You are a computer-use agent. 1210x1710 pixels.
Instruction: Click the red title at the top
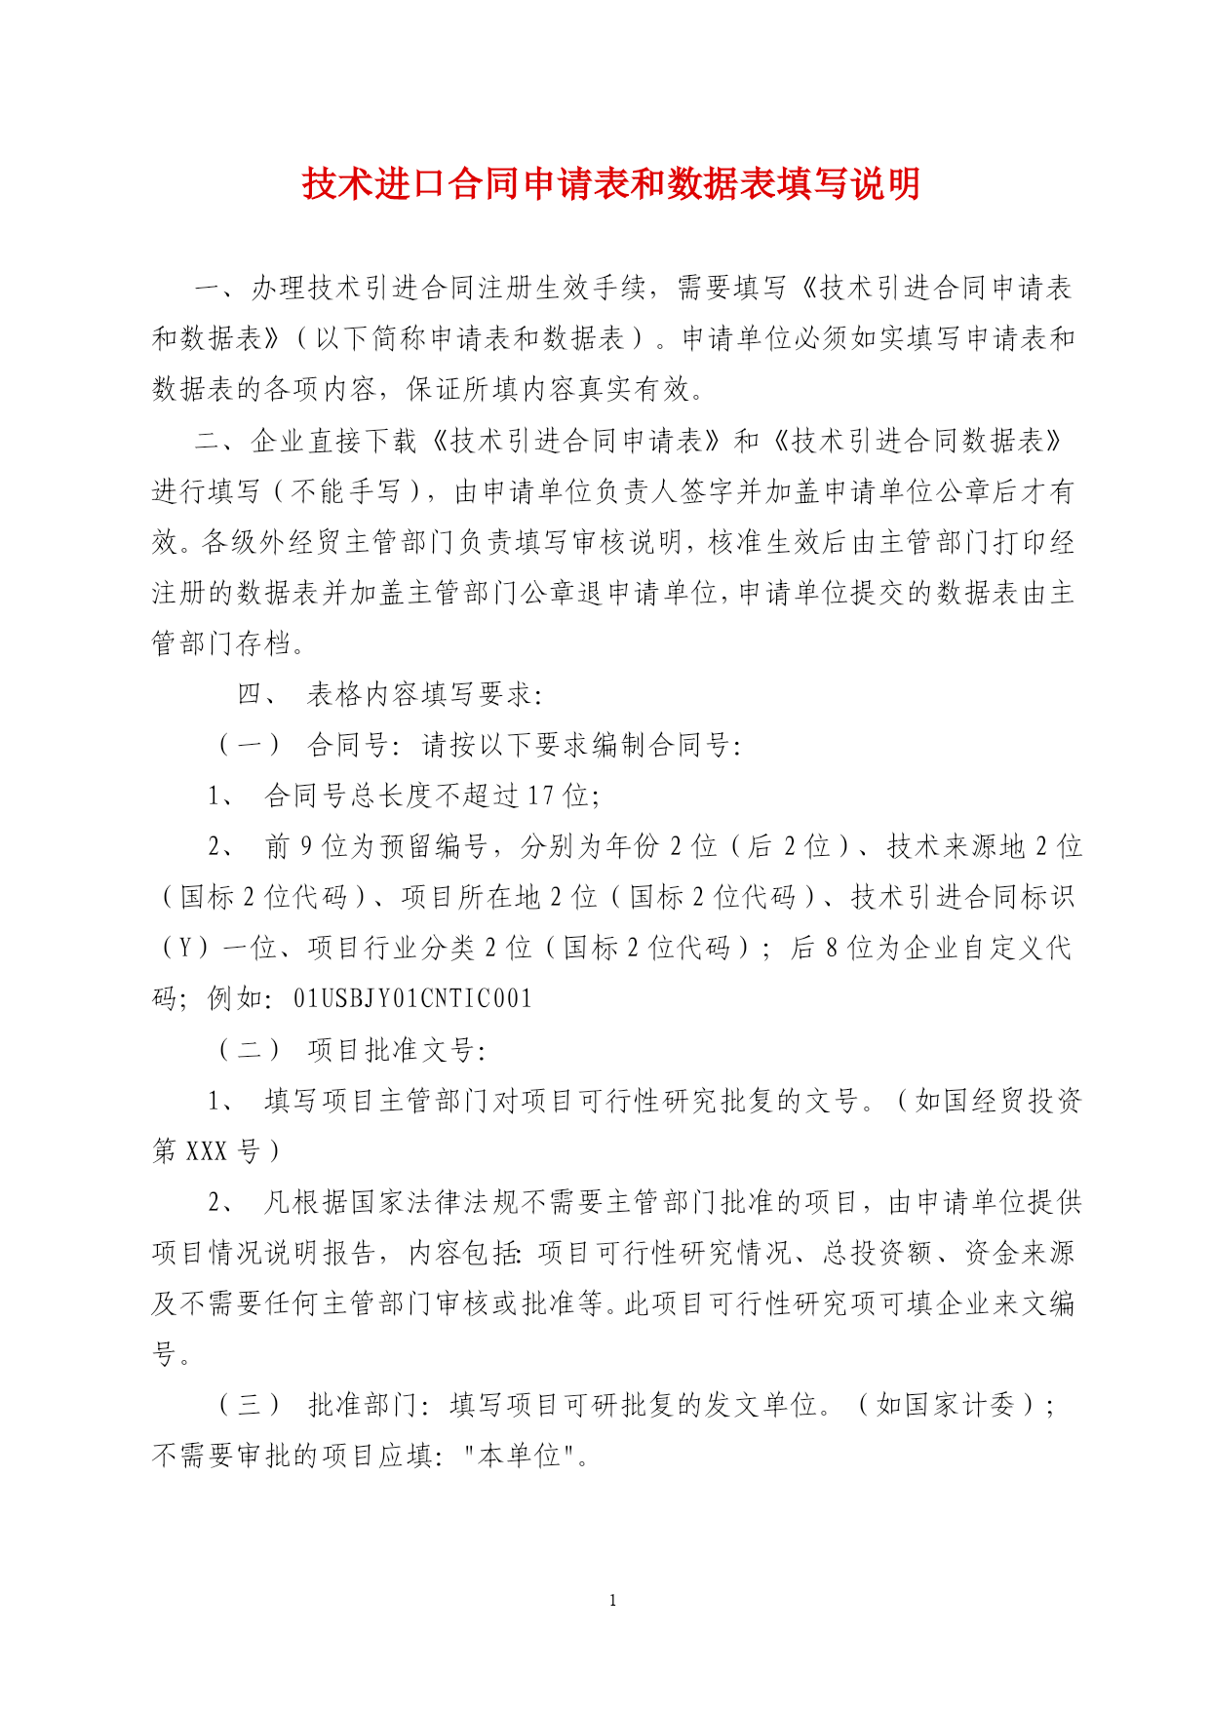coord(611,183)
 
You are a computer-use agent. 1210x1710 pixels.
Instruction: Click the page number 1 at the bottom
coord(612,1600)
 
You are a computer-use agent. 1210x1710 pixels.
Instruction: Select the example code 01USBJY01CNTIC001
coord(413,998)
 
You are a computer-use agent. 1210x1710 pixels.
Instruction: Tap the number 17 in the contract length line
coord(540,796)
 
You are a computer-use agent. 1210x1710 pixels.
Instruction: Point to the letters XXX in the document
coord(206,1151)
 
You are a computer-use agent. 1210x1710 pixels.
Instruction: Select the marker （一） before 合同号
coord(249,746)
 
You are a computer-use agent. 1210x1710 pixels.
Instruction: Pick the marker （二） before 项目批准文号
coord(249,1050)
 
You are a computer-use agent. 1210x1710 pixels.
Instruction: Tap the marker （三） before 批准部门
coord(249,1405)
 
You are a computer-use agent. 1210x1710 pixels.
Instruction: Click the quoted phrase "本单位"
coord(519,1456)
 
